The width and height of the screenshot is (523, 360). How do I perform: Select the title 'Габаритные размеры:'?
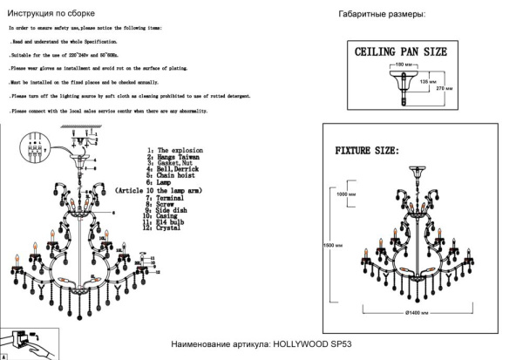click(x=382, y=16)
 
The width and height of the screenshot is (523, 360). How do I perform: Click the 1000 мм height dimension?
click(x=347, y=194)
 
